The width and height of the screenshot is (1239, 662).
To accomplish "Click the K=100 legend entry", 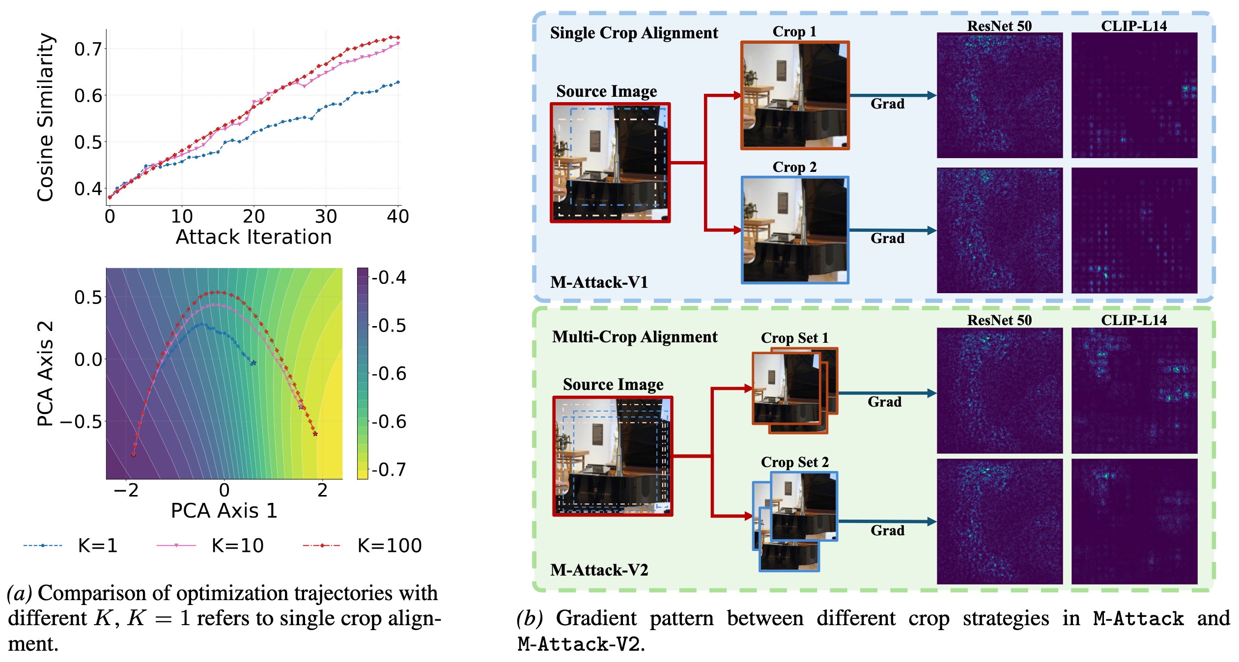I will (x=364, y=546).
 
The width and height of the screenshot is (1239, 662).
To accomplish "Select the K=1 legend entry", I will (x=71, y=546).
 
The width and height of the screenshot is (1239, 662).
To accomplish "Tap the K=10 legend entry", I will (x=211, y=546).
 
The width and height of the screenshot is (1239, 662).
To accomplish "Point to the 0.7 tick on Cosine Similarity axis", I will (x=88, y=49).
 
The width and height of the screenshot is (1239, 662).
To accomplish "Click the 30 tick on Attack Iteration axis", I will (x=326, y=216).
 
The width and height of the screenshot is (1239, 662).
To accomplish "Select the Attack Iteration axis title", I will (x=253, y=237).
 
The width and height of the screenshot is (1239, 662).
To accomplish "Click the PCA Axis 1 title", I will (x=224, y=511).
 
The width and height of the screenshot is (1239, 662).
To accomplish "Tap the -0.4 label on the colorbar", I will (x=389, y=277).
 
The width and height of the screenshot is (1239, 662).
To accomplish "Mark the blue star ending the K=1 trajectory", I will (x=253, y=363).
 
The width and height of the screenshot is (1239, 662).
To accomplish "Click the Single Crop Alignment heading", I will (x=634, y=33).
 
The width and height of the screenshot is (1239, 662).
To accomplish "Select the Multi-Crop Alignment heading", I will (x=634, y=337).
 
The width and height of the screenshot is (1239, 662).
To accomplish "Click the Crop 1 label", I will (x=794, y=31).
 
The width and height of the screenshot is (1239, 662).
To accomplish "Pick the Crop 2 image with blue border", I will (x=795, y=230).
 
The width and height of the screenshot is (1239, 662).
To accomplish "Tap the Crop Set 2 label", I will (x=794, y=462).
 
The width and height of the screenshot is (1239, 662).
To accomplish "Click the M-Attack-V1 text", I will (x=599, y=282).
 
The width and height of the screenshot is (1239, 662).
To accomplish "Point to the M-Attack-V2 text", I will (x=599, y=570).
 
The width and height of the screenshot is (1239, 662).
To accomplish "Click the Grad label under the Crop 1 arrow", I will (x=887, y=104).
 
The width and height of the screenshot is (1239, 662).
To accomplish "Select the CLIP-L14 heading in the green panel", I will (x=1133, y=320).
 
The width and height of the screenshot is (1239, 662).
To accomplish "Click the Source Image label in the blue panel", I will (x=606, y=91).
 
